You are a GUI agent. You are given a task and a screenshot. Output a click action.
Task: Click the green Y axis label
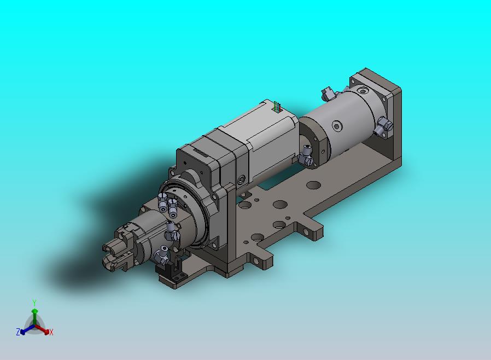point(34,303)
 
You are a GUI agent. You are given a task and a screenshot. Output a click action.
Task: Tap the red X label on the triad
point(51,332)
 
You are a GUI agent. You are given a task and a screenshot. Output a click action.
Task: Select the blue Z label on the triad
point(18,332)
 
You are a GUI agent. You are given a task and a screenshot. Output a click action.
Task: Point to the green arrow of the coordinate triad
point(34,317)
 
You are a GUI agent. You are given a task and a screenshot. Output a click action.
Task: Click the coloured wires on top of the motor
point(276,106)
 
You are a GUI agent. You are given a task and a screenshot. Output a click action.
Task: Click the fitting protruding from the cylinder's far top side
point(328,93)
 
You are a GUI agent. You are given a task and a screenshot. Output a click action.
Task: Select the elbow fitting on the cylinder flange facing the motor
point(306,156)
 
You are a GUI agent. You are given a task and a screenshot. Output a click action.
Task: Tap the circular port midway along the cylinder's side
point(337,126)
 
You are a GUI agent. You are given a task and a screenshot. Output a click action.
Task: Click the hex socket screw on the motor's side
point(242,180)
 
